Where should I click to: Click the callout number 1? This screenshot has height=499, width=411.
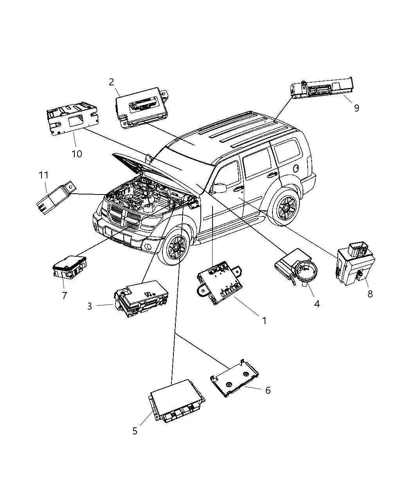(264, 321)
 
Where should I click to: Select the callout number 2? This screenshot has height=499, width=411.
(112, 82)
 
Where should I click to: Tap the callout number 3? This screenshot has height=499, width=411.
(90, 306)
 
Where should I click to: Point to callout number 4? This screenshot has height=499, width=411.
(317, 304)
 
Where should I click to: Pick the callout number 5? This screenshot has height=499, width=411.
(135, 431)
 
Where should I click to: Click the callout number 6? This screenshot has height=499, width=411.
(268, 390)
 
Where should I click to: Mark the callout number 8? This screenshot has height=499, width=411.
(370, 294)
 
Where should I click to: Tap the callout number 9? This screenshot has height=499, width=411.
(357, 108)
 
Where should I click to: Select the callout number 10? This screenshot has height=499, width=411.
(77, 154)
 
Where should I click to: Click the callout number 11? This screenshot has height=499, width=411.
(43, 175)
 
